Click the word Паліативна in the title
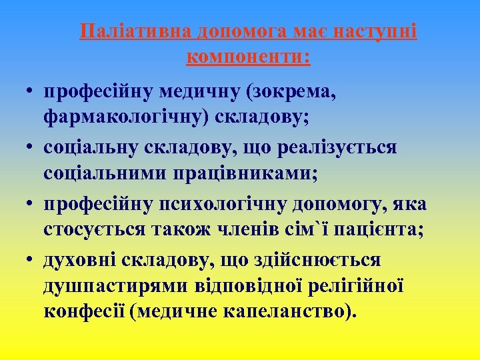(x=134, y=32)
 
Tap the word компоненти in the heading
(x=247, y=57)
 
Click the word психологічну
(x=216, y=203)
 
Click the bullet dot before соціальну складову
(x=31, y=147)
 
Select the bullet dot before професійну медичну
(x=31, y=91)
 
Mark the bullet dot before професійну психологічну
(x=31, y=203)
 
